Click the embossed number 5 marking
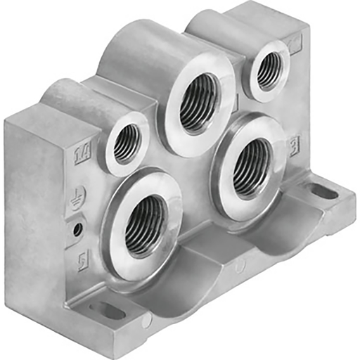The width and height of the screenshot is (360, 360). click(82, 261)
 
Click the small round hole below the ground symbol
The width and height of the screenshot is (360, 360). click(77, 229)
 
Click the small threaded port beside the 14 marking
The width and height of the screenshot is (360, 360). click(126, 143)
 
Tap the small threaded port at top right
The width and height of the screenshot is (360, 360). click(267, 69)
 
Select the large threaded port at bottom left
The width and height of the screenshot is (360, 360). click(146, 224)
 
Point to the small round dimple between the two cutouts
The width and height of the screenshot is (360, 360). click(240, 266)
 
